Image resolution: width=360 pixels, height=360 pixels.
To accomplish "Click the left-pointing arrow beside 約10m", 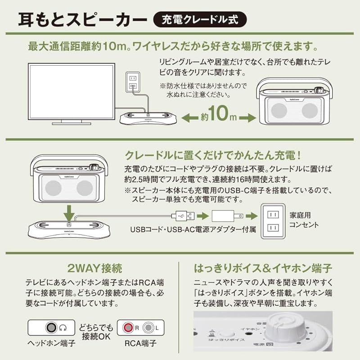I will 192,118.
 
